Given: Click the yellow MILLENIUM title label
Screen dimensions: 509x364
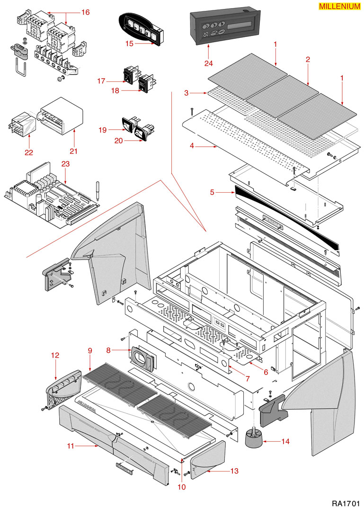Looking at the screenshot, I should point(339,6).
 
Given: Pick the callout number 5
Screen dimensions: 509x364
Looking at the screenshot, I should point(212,192).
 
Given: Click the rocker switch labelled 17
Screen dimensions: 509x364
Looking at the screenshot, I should point(128,74).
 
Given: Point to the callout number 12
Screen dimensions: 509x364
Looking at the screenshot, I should point(55,355).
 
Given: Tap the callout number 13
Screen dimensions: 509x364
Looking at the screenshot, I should point(234,471).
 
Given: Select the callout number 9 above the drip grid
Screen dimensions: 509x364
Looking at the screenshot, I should point(89,350).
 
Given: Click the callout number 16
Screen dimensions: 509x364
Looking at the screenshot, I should point(86,12).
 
